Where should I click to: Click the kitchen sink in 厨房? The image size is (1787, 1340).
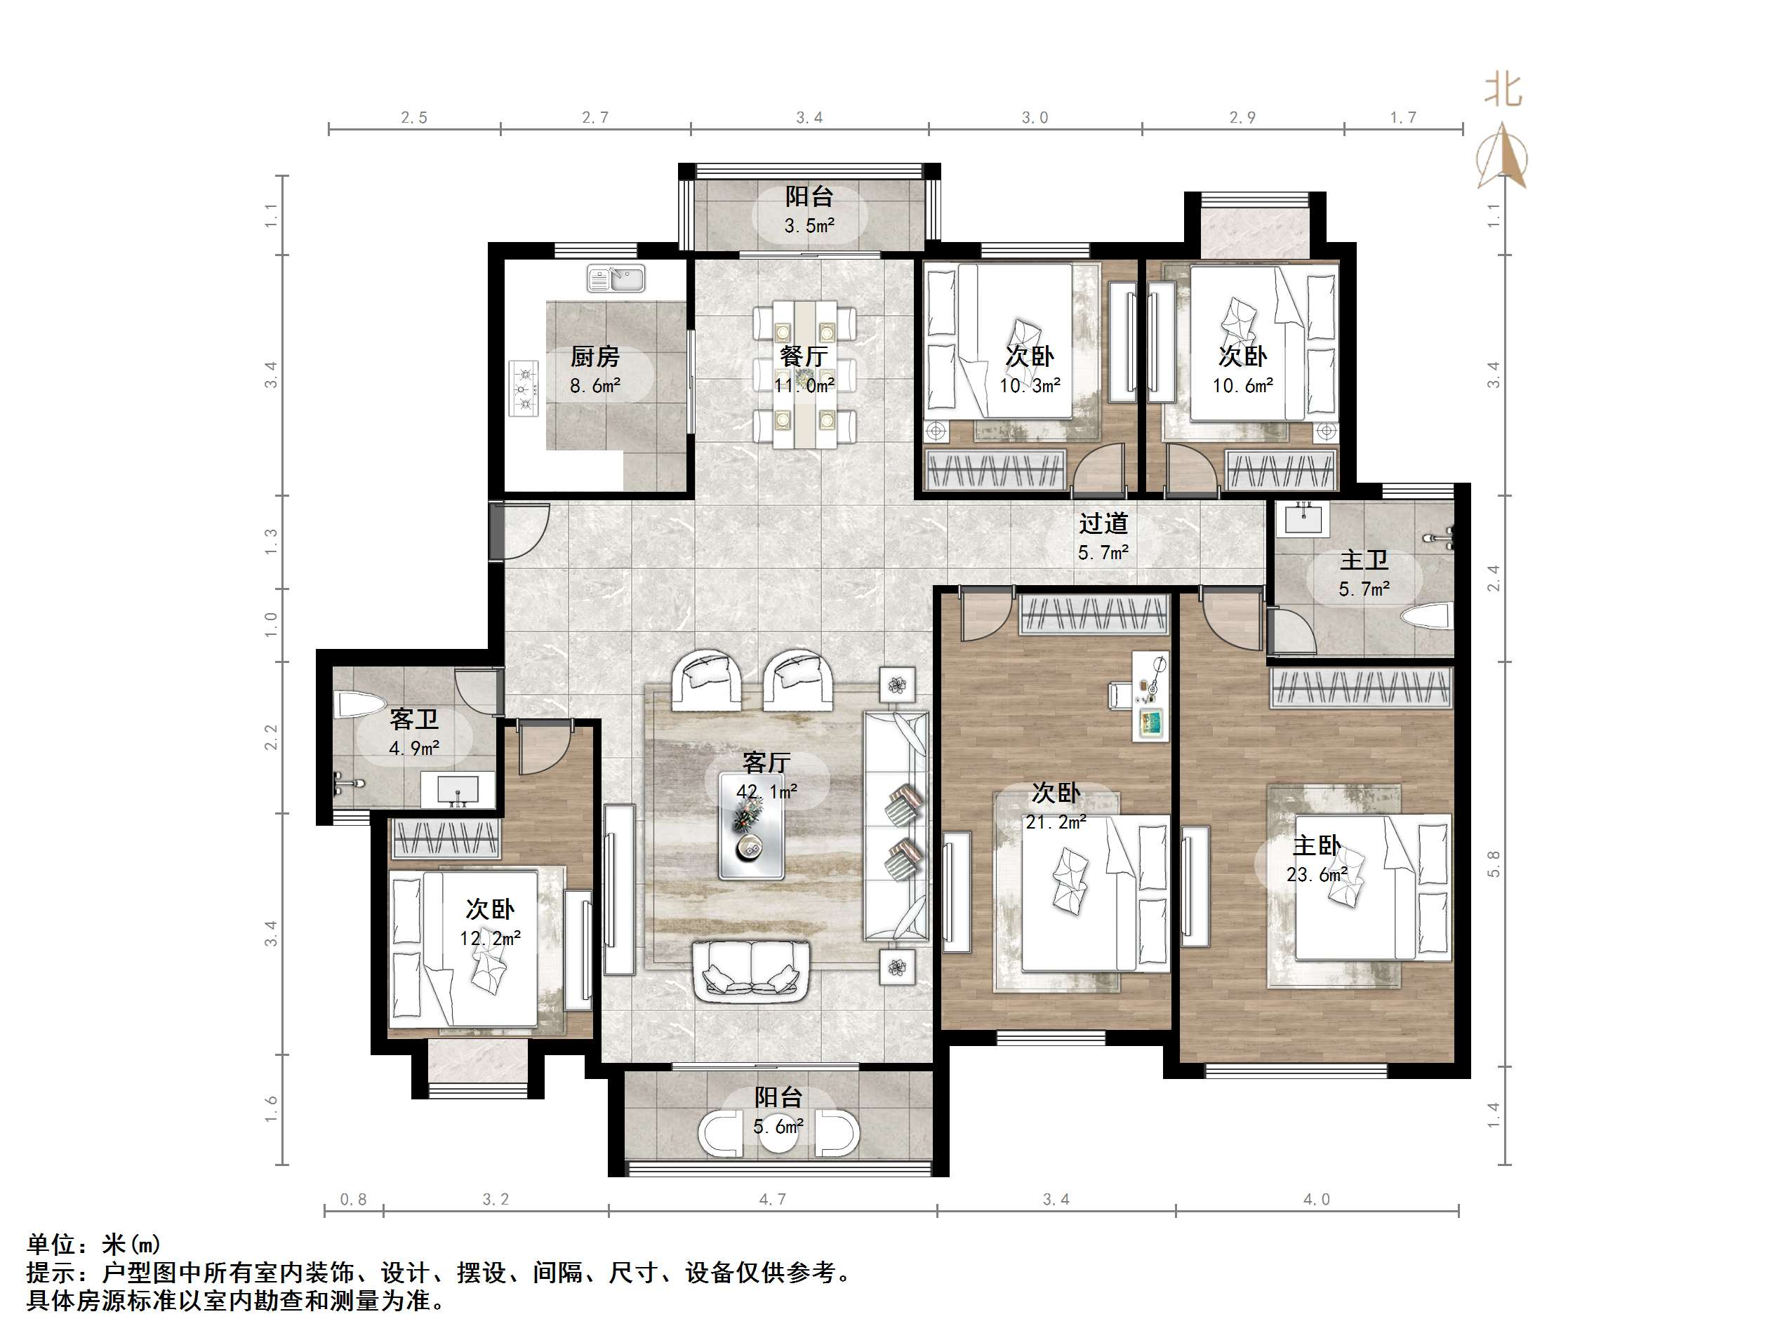pyautogui.click(x=616, y=279)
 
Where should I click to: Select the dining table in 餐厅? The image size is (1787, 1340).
pyautogui.click(x=804, y=374)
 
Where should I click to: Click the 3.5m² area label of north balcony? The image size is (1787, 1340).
pyautogui.click(x=809, y=226)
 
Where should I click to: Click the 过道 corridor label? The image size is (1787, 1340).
pyautogui.click(x=1103, y=524)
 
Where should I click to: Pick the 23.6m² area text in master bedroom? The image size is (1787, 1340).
pyautogui.click(x=1316, y=875)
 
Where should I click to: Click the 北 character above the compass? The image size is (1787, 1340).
pyautogui.click(x=1503, y=90)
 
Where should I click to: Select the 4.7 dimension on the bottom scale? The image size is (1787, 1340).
pyautogui.click(x=771, y=1200)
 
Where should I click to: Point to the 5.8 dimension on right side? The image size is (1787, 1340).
pyautogui.click(x=1493, y=864)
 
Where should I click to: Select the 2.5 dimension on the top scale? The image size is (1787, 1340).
pyautogui.click(x=413, y=118)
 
